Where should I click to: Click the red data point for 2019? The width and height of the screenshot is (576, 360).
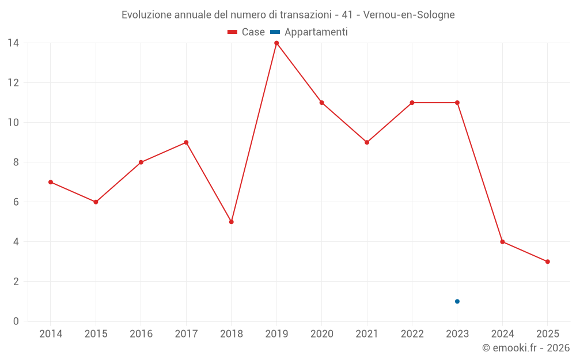[276, 43]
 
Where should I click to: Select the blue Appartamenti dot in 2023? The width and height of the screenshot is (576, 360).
[457, 301]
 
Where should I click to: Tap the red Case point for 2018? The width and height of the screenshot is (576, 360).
[232, 222]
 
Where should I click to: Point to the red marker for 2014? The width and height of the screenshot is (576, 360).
[51, 182]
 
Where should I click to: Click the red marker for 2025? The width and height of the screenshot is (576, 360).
[548, 262]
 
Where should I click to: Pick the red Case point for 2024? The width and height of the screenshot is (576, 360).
[502, 242]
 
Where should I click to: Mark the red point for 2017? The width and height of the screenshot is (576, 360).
[186, 142]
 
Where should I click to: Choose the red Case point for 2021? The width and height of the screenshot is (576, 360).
[367, 142]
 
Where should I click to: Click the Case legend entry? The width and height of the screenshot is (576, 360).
[247, 32]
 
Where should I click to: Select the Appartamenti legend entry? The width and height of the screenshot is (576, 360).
[309, 32]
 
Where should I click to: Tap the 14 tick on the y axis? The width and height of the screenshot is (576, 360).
[13, 43]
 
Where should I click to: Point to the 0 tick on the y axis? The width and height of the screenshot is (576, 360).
[16, 321]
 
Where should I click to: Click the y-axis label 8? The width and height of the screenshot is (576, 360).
[16, 162]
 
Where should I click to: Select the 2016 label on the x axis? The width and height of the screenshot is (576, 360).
[141, 334]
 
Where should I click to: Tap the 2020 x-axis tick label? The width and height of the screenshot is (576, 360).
[322, 334]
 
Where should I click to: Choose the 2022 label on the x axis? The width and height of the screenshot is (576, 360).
[412, 334]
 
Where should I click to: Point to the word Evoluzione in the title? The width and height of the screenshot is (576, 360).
[146, 15]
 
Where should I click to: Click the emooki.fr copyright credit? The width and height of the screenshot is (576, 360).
[526, 348]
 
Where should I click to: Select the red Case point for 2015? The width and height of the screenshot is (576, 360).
[96, 202]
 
